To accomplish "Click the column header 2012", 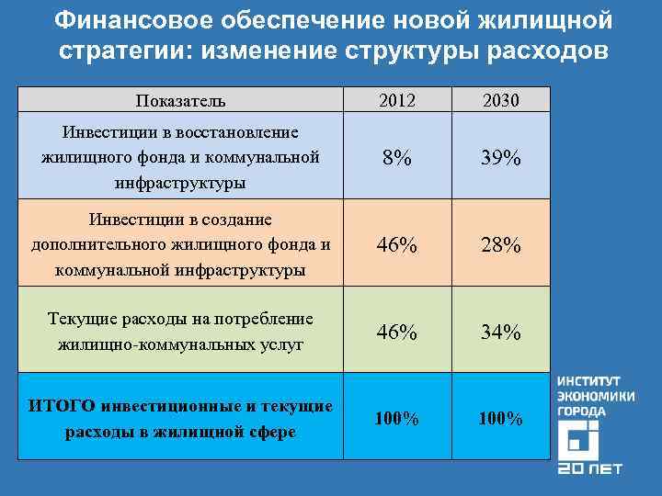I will tap(397, 100).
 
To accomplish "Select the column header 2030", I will tap(500, 100).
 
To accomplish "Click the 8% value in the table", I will tap(397, 158).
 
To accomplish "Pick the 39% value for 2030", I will tap(500, 158).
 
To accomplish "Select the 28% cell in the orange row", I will tap(500, 245).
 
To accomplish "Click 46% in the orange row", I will tap(397, 245).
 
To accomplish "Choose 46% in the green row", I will tap(397, 332).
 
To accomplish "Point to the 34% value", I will tap(500, 332).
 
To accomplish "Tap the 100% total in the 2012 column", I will tap(397, 419).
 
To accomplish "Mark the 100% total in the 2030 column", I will tap(500, 419).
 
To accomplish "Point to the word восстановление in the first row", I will tap(241, 133).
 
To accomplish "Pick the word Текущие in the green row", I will tap(80, 319).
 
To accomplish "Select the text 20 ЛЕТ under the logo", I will tap(589, 469).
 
